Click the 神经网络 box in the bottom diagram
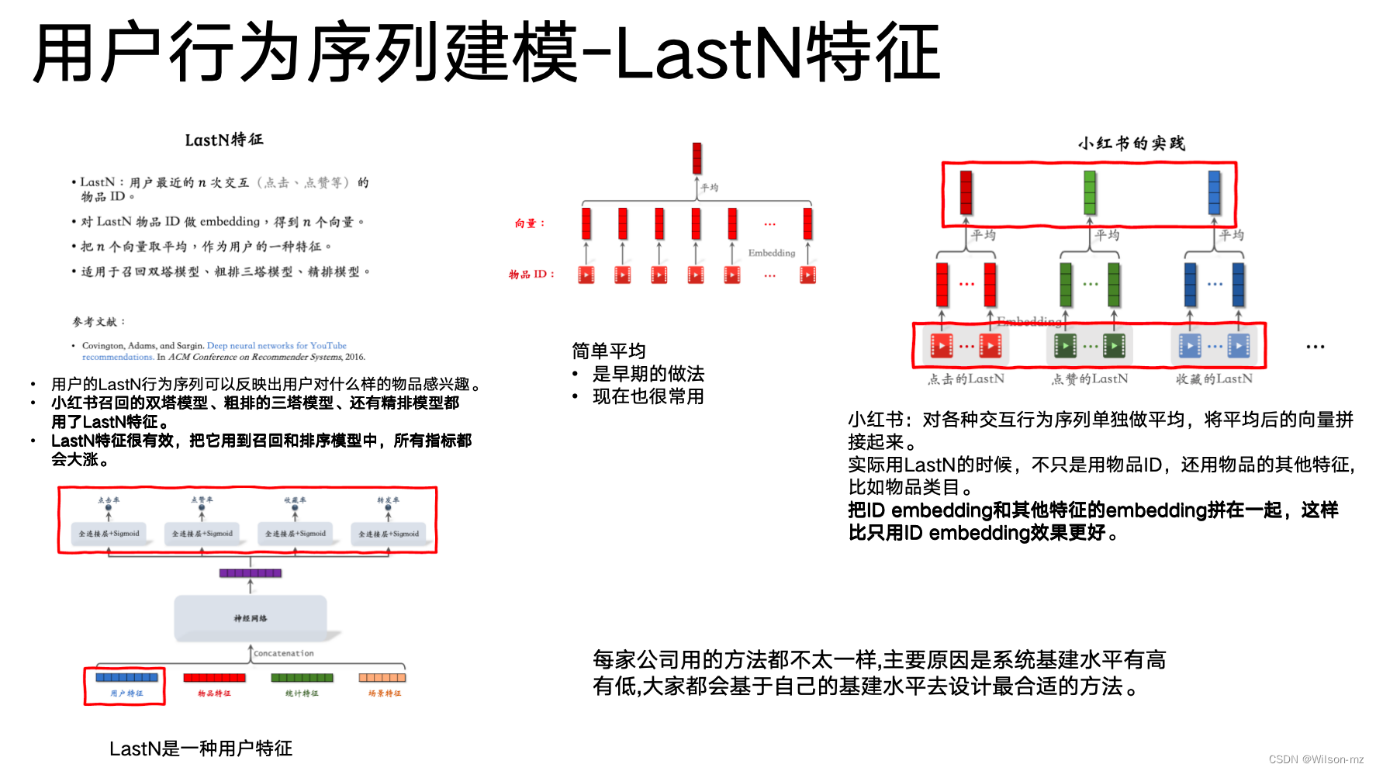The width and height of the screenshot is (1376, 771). pos(251,618)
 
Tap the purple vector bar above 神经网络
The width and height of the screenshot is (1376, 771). pos(250,573)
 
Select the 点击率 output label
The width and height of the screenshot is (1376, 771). pos(109,500)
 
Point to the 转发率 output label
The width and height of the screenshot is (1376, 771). pos(388,500)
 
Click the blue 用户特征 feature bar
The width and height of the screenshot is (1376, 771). pos(126,677)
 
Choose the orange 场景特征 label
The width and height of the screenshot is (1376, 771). pos(385,693)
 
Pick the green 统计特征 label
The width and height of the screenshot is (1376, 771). pos(302,693)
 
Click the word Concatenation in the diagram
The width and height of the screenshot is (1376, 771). pos(284,654)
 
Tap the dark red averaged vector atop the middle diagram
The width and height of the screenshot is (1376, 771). pos(697,158)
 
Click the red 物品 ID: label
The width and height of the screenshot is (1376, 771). pos(531,275)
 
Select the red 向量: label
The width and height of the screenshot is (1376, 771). pos(530,223)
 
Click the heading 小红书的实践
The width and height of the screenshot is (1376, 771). pos(1131,143)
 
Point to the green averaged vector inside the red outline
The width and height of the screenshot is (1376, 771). pos(1090,192)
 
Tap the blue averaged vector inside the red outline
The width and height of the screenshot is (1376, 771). pos(1214,192)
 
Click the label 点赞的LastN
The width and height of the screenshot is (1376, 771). pos(1090,379)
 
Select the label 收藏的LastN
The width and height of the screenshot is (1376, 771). pos(1214,379)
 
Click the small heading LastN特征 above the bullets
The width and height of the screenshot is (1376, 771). pos(224,140)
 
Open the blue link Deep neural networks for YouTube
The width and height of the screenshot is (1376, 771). pos(276,346)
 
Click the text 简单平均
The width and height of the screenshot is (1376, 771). pos(609,351)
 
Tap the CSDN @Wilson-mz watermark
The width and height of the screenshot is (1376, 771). pos(1315,759)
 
